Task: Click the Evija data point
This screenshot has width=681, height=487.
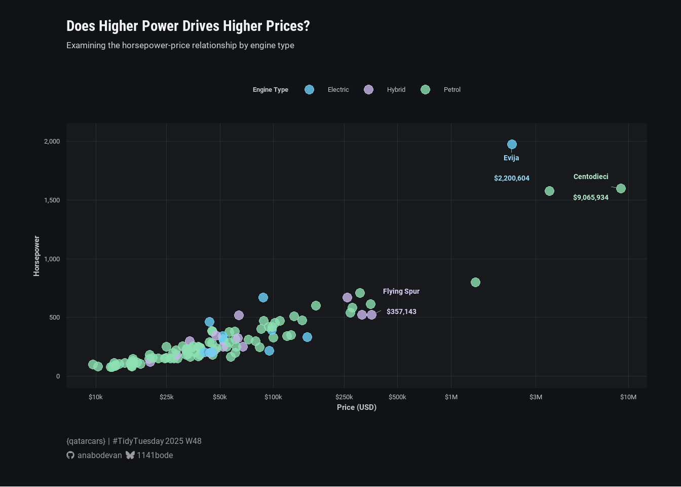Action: point(512,145)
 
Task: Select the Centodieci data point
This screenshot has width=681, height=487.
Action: point(621,189)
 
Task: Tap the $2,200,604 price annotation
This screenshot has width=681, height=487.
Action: point(512,178)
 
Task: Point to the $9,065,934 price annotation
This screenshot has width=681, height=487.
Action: point(591,197)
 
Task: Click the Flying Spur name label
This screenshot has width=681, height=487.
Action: point(401,291)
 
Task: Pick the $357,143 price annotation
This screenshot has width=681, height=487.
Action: point(401,311)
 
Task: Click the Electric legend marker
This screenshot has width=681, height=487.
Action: point(309,90)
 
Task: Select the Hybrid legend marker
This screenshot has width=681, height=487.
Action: point(368,90)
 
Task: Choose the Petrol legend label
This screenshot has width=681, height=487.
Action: point(452,90)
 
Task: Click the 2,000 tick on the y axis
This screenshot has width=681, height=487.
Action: point(52,142)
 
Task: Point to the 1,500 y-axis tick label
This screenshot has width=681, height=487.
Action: point(52,200)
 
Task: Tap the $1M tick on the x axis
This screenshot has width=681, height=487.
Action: point(451,397)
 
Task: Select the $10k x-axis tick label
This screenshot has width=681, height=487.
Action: point(96,397)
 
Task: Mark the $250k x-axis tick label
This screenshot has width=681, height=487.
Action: point(344,397)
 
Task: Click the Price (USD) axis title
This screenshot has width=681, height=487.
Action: point(357,407)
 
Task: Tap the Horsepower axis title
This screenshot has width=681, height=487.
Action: point(36,256)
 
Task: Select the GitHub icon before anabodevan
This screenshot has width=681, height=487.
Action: point(70,455)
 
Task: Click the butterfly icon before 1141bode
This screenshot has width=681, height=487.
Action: point(130,455)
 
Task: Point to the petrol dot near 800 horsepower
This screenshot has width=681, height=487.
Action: point(475,282)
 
